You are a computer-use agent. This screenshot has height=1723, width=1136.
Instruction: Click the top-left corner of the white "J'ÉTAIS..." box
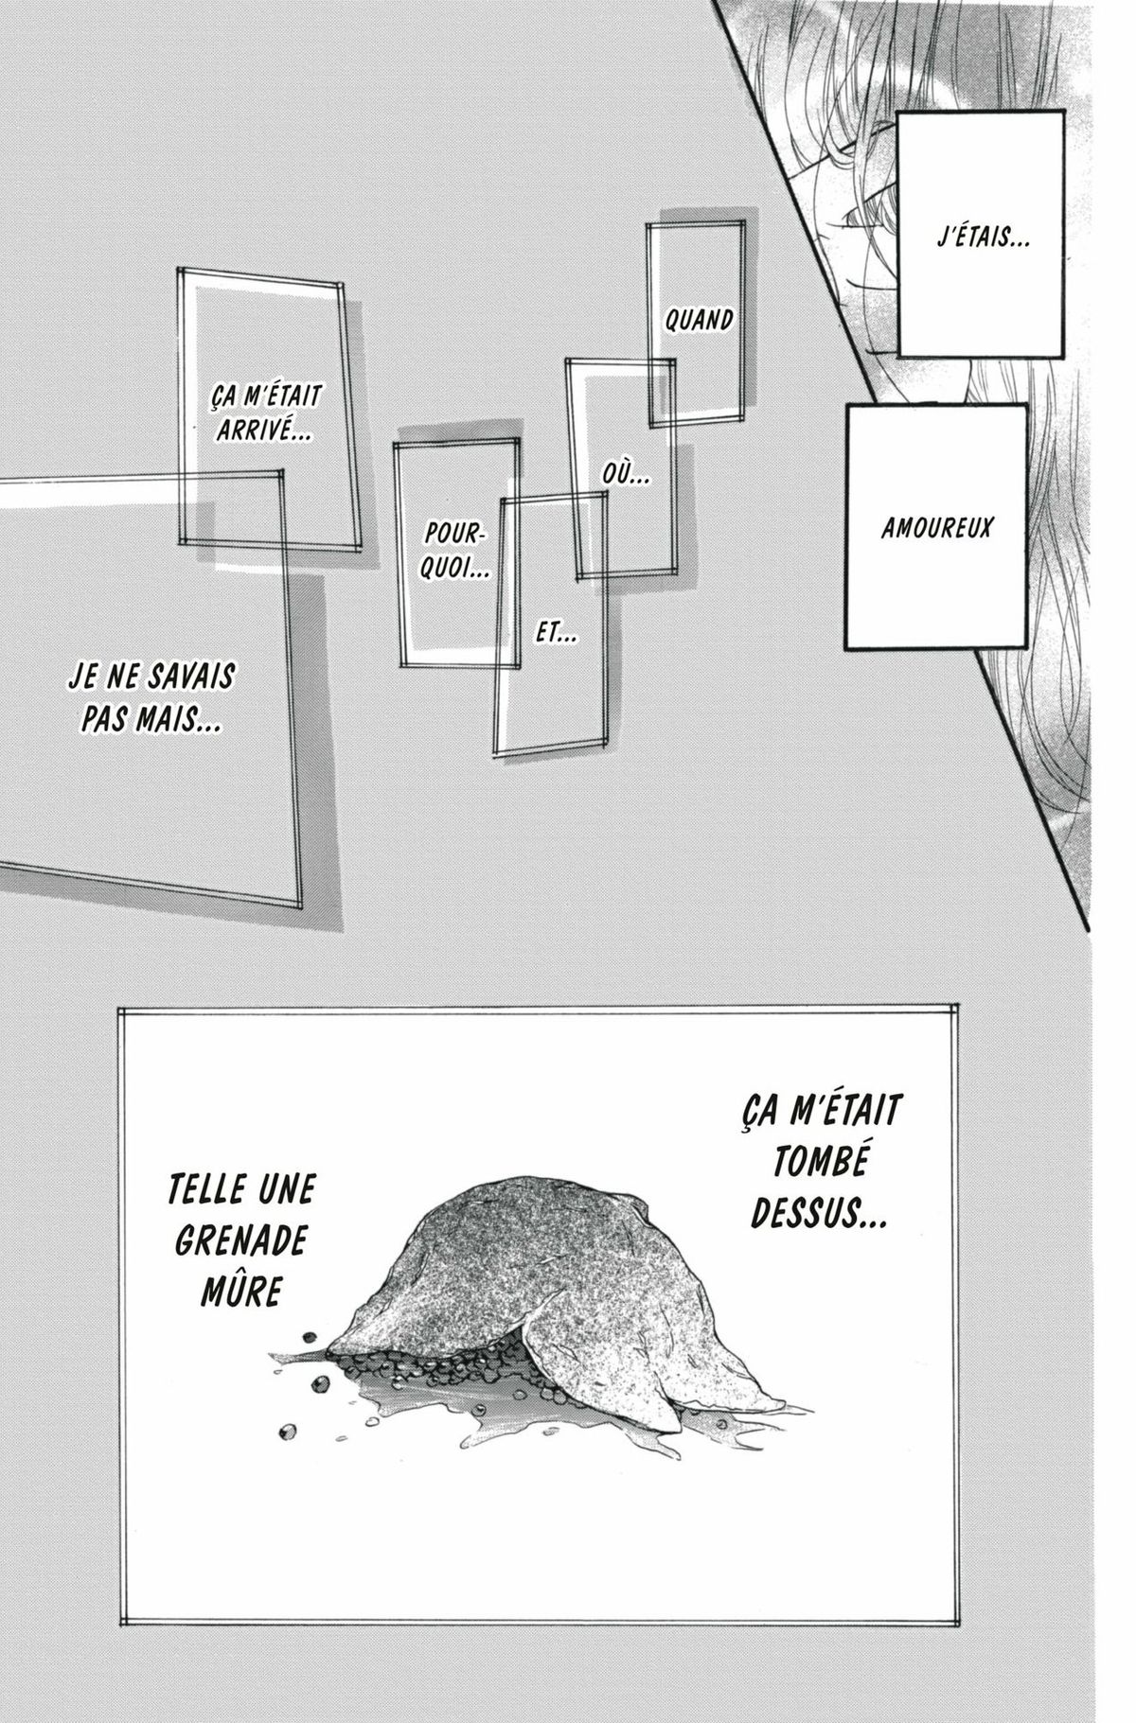(x=898, y=112)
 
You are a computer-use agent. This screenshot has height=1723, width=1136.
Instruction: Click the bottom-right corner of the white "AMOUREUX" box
(x=1027, y=649)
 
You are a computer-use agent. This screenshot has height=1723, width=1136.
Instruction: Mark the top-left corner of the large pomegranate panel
(x=118, y=1008)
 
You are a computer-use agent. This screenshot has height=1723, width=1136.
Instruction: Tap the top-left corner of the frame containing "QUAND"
(x=648, y=224)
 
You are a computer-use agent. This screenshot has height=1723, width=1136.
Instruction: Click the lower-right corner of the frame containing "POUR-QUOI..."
(x=519, y=666)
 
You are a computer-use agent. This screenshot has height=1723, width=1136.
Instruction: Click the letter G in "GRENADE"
(x=186, y=1240)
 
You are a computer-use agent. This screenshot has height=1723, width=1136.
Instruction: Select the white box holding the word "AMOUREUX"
(x=936, y=526)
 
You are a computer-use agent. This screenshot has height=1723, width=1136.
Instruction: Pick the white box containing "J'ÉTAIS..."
(x=982, y=235)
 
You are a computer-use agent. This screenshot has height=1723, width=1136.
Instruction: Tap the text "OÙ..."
(x=626, y=475)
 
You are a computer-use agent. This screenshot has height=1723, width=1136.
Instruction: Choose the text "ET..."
(x=557, y=633)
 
